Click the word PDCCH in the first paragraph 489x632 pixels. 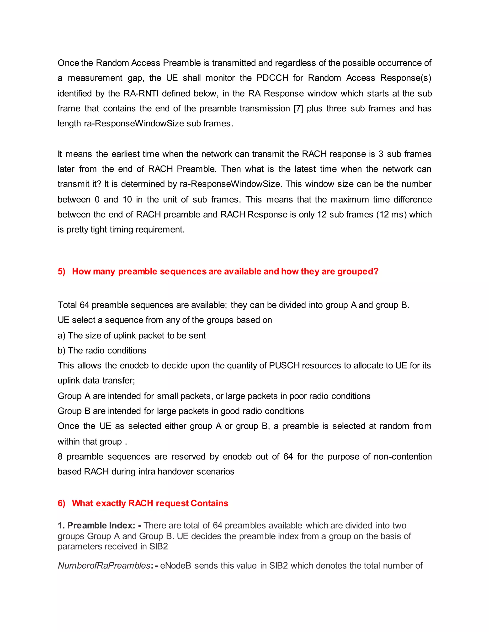(x=272, y=78)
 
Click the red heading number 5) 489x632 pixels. (x=61, y=271)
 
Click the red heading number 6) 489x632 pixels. (x=61, y=503)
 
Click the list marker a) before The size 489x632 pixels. (x=61, y=335)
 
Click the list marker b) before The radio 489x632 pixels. (x=61, y=350)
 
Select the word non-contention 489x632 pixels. (x=403, y=456)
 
